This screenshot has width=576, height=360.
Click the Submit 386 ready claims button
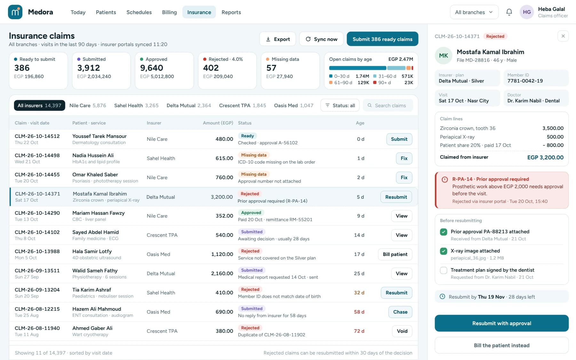click(x=382, y=39)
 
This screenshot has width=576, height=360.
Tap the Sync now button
click(x=321, y=39)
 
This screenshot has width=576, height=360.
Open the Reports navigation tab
click(x=231, y=12)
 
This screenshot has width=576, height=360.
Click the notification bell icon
click(x=509, y=12)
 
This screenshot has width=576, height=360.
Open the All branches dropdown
click(x=474, y=12)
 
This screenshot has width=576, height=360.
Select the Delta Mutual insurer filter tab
click(x=189, y=106)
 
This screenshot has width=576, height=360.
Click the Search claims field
click(x=388, y=106)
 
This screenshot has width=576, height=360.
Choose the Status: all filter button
click(x=340, y=106)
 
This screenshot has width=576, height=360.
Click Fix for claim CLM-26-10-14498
click(x=404, y=158)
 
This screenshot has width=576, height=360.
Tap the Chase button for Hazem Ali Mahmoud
click(x=400, y=312)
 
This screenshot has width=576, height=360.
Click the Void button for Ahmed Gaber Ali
click(x=402, y=331)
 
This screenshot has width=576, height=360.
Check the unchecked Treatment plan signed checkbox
click(x=444, y=270)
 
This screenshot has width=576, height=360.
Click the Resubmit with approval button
click(x=501, y=323)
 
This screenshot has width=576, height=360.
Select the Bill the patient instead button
click(x=501, y=345)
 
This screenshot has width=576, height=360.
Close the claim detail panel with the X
click(x=563, y=36)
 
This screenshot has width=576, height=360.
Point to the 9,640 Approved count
click(x=152, y=68)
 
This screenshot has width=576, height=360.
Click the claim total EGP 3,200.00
click(x=545, y=157)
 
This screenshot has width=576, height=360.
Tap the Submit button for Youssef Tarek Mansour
click(x=399, y=139)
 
